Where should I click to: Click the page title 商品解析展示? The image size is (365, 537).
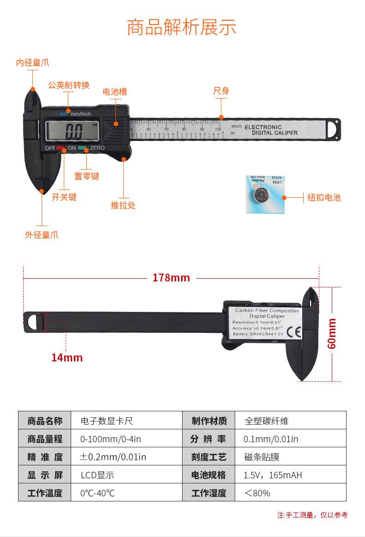click(x=182, y=27)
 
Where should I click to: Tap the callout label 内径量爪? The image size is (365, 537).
click(x=32, y=63)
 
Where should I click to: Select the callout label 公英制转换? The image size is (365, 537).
click(x=69, y=85)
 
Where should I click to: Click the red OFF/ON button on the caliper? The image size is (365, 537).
click(x=61, y=148)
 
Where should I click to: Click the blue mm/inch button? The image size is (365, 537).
click(x=63, y=114)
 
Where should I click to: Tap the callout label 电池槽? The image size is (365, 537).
click(x=115, y=92)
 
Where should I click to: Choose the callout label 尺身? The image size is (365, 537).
click(x=221, y=91)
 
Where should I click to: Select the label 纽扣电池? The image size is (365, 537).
click(x=324, y=198)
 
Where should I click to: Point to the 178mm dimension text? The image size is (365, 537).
click(x=171, y=278)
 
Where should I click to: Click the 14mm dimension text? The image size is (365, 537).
click(x=67, y=357)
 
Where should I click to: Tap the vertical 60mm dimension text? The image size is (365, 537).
click(x=332, y=333)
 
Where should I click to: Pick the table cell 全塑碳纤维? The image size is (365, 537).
click(x=267, y=421)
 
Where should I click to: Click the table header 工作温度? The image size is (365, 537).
click(x=45, y=493)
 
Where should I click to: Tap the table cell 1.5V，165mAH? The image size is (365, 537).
click(x=273, y=475)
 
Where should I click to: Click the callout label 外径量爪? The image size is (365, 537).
click(x=42, y=235)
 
